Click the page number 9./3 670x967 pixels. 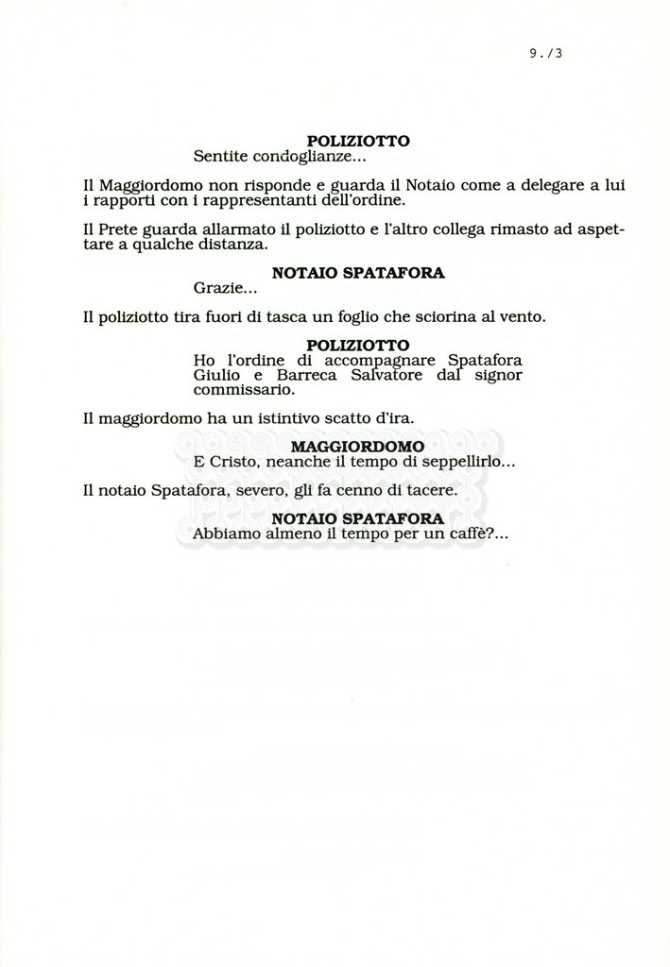pos(546,54)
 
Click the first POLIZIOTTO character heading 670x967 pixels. pos(358,141)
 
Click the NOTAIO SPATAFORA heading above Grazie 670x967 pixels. pos(358,272)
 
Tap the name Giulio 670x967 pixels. pos(215,375)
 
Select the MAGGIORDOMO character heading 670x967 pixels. pos(358,447)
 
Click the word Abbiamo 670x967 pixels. pos(225,534)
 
